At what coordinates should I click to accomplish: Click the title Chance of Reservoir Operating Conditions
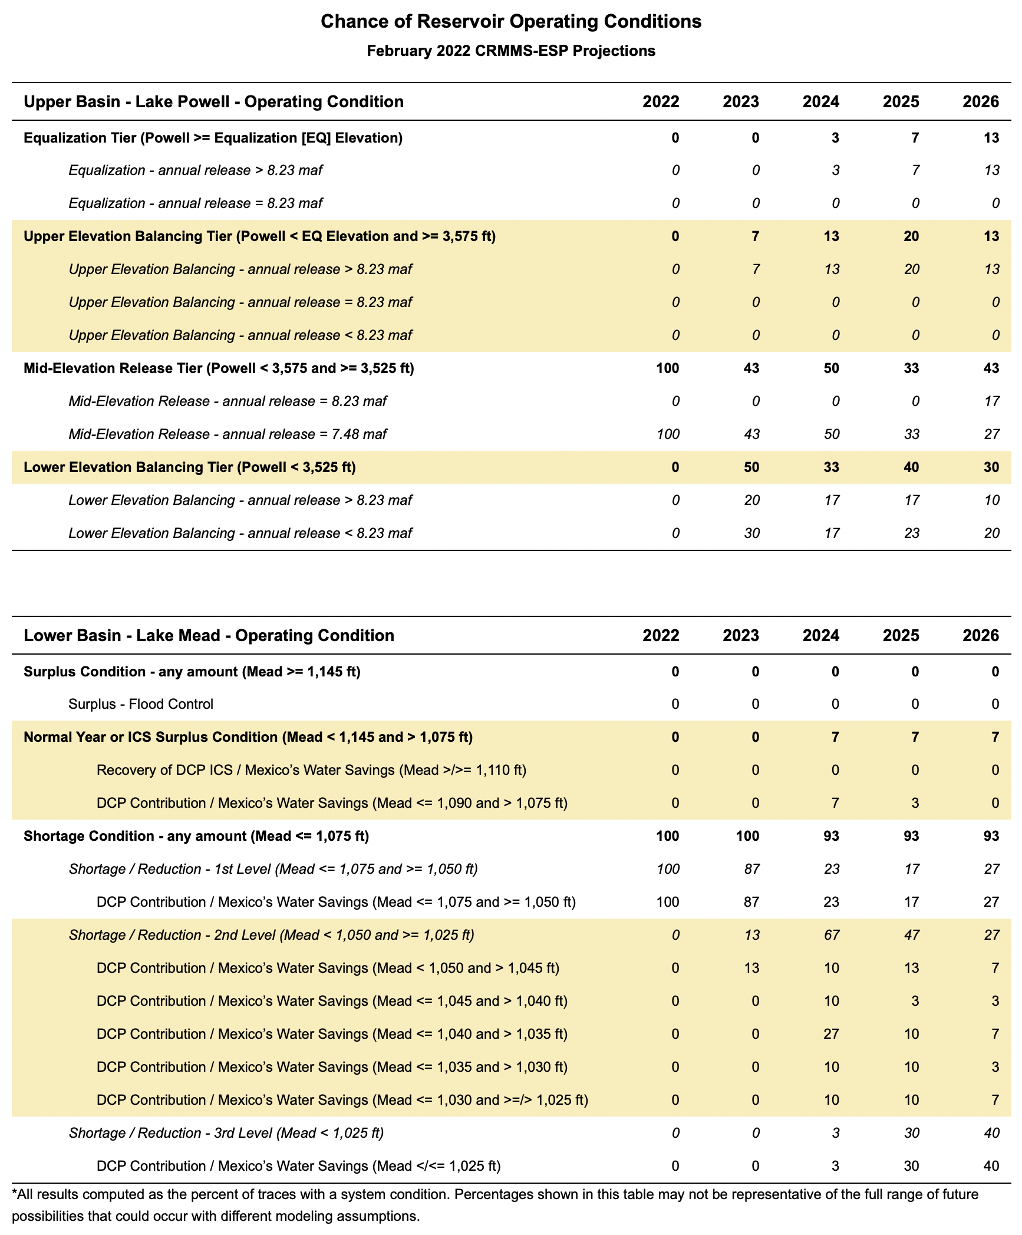(x=510, y=22)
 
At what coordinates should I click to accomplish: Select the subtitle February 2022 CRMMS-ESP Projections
(x=510, y=51)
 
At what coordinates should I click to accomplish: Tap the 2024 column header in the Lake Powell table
(x=820, y=102)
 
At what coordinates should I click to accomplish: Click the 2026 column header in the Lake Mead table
(x=981, y=636)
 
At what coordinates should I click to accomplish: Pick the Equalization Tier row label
(x=213, y=138)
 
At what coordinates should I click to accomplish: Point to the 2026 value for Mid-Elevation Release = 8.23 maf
(x=991, y=401)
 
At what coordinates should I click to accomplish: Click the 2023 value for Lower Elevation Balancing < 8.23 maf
(x=751, y=533)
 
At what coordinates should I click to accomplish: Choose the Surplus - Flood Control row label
(x=141, y=704)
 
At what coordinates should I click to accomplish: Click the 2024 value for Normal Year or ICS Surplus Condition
(x=835, y=737)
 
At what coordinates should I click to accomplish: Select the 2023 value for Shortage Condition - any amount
(x=747, y=836)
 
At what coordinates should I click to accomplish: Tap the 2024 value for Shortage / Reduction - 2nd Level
(x=831, y=935)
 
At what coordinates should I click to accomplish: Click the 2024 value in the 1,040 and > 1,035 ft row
(x=831, y=1034)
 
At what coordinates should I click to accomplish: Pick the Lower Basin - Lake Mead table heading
(x=209, y=636)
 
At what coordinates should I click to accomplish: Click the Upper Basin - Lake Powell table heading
(x=213, y=102)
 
